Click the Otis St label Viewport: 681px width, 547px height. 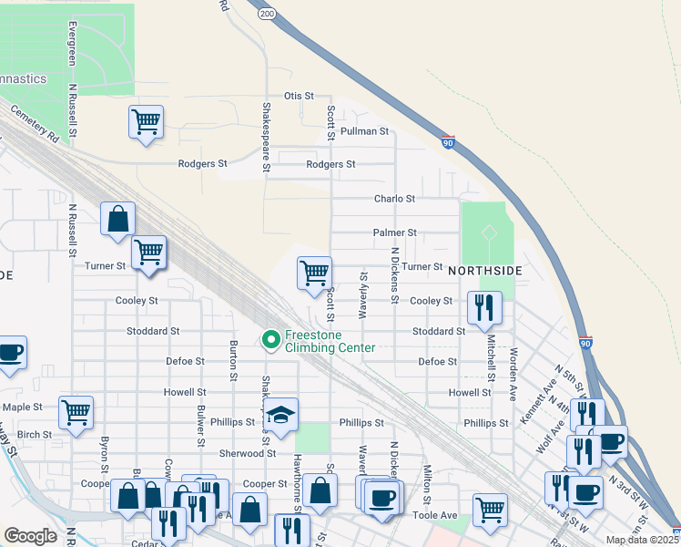[x=298, y=96]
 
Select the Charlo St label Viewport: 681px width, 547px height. [x=394, y=198]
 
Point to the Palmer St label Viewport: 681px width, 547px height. [x=394, y=233]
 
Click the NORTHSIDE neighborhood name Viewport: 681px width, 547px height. [x=484, y=271]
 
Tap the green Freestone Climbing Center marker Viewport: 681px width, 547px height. [x=270, y=340]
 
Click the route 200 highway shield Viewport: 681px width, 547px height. [x=266, y=15]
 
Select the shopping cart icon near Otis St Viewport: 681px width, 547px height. [x=146, y=121]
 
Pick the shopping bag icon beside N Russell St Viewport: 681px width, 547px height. [x=118, y=219]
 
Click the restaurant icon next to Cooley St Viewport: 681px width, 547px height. [x=484, y=306]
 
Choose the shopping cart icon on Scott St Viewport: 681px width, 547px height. [x=314, y=273]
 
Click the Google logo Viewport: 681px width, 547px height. [x=30, y=536]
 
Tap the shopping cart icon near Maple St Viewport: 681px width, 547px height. [x=76, y=411]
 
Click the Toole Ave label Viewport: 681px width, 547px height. [x=436, y=515]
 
